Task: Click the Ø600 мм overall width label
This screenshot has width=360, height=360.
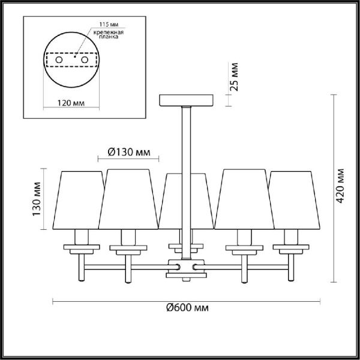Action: click(187, 308)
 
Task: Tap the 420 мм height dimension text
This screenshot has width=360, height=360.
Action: click(341, 185)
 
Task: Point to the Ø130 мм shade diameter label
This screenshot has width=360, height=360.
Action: click(128, 152)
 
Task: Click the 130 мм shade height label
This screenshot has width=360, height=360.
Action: click(37, 199)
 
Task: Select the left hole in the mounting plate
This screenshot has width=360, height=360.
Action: click(59, 61)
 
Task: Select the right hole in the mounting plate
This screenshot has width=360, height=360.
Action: click(85, 61)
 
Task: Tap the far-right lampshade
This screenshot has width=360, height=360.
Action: click(292, 199)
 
